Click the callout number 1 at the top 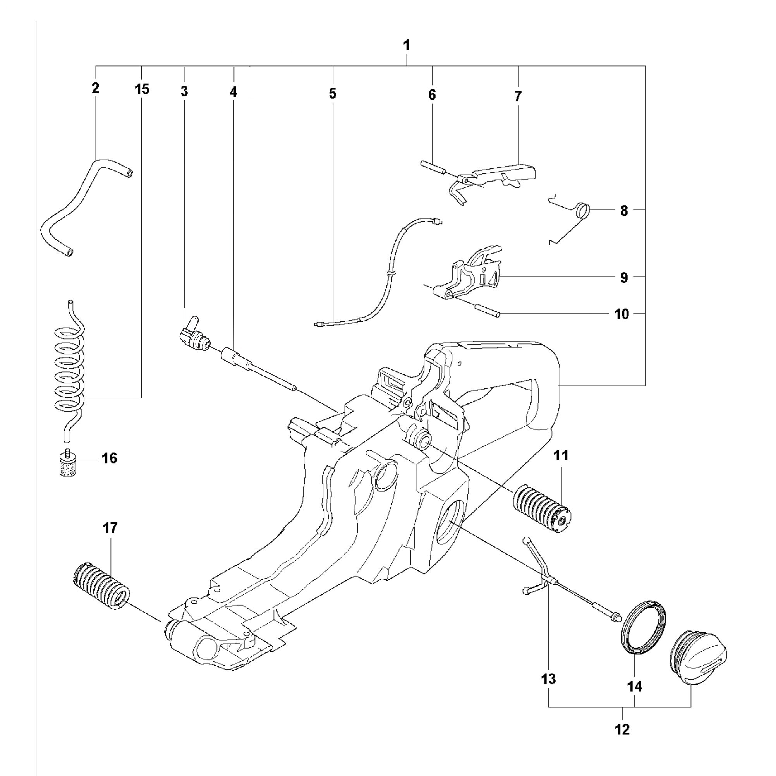pyautogui.click(x=407, y=45)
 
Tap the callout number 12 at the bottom pyautogui.click(x=622, y=729)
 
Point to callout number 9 pyautogui.click(x=624, y=277)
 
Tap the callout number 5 pyautogui.click(x=333, y=94)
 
